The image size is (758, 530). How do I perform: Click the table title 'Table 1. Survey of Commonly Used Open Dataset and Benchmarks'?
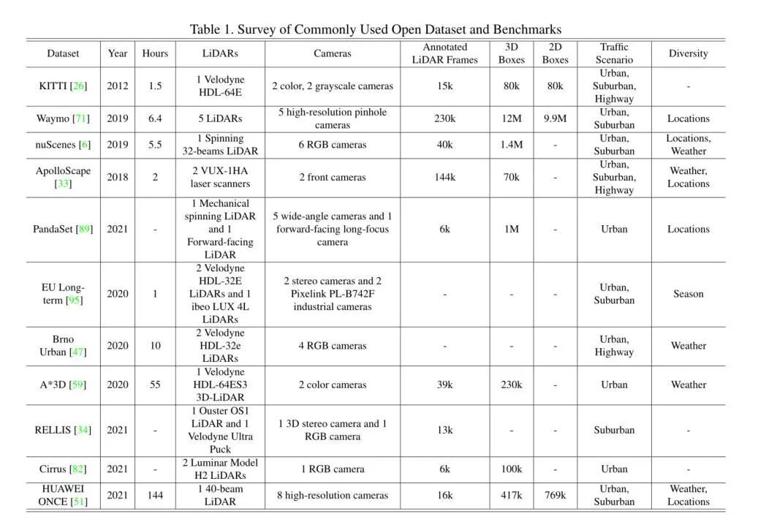pos(376,29)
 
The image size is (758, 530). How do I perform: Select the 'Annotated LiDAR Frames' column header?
pos(444,53)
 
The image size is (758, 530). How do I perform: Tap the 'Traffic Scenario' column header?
pos(614,53)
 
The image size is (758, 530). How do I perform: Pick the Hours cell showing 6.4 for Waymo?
pos(155,118)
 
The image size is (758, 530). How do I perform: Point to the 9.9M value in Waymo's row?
pos(556,118)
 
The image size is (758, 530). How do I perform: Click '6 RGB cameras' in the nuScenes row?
pos(333,145)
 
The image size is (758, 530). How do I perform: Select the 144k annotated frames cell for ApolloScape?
pos(444,177)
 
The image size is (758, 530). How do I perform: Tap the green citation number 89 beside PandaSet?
pos(85,229)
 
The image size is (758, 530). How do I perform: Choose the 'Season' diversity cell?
pos(688,294)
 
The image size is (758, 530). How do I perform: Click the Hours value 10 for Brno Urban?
pos(155,346)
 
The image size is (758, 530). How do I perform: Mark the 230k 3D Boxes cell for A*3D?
pos(512,385)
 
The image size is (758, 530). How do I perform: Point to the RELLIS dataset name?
pos(51,430)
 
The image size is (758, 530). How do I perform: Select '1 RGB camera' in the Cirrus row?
pos(333,469)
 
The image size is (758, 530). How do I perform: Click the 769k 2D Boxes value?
pos(556,496)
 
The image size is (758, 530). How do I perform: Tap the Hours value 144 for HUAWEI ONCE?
pos(155,496)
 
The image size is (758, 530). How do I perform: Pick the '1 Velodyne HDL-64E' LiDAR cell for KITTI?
pos(220,86)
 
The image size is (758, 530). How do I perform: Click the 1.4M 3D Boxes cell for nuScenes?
pos(512,145)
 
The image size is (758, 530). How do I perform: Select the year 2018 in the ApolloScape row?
pos(118,177)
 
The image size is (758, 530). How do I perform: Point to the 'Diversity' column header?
pos(688,53)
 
